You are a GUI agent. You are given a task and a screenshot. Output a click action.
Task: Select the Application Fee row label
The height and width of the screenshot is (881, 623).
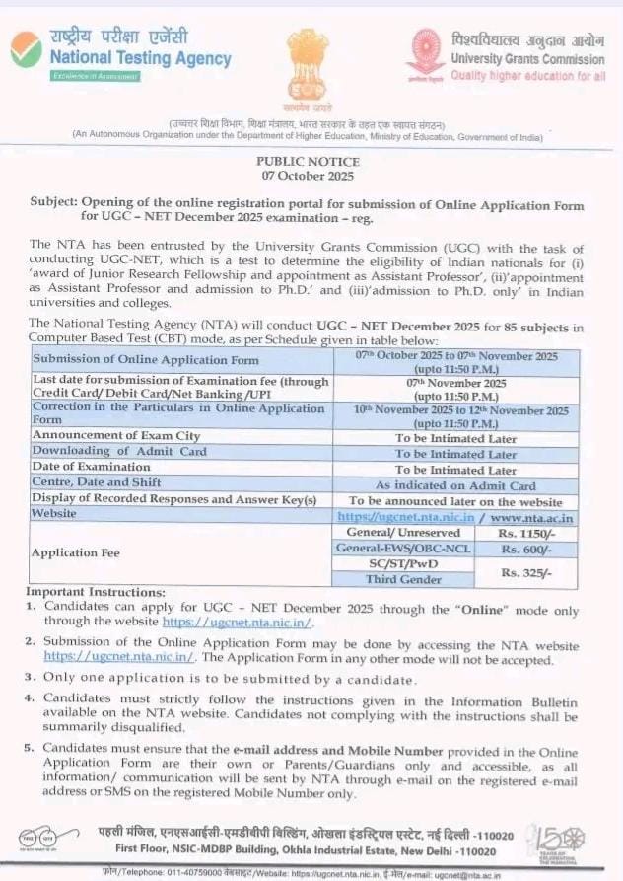pyautogui.click(x=77, y=553)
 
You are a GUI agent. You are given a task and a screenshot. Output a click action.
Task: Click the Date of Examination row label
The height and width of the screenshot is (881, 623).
pyautogui.click(x=93, y=467)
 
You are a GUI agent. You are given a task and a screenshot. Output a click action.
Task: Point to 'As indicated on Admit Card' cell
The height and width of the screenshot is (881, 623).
pyautogui.click(x=455, y=485)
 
